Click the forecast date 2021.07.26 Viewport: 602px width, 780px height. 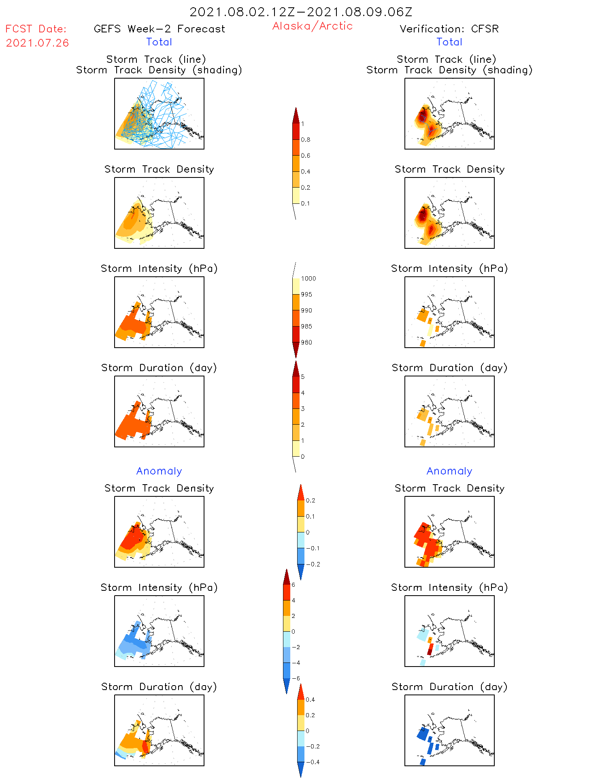[37, 43]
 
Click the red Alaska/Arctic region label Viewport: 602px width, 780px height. [312, 26]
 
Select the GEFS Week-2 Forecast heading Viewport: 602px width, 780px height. [159, 29]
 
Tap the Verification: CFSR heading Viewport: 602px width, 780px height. [449, 29]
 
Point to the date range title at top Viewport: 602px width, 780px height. [301, 12]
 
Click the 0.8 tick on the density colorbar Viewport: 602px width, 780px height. [306, 140]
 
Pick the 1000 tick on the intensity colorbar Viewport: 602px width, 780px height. [308, 279]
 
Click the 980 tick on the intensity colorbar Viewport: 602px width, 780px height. [306, 342]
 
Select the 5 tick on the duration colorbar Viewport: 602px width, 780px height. [303, 377]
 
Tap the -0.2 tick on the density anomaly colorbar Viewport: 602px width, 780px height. [313, 564]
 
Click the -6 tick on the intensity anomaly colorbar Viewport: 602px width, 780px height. [296, 678]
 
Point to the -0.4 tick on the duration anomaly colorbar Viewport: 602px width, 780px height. [312, 762]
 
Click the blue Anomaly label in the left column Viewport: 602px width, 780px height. [159, 471]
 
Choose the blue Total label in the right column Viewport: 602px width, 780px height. [449, 42]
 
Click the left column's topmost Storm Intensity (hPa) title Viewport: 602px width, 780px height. [159, 269]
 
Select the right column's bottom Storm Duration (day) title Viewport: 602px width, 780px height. [449, 687]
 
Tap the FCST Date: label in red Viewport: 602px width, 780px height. [36, 29]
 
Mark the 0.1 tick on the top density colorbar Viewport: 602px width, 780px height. [305, 203]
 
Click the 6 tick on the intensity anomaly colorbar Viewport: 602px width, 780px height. [293, 585]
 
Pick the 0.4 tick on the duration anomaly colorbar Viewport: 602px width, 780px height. [310, 700]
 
